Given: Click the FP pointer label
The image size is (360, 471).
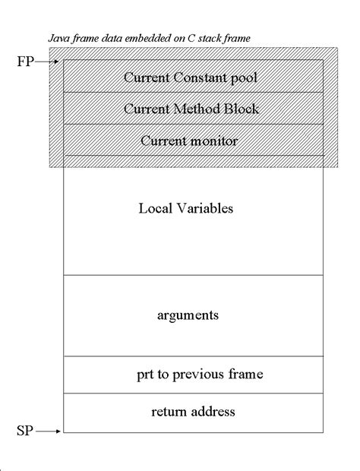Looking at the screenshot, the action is [x=26, y=62].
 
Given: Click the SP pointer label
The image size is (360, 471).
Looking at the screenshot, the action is [x=25, y=431].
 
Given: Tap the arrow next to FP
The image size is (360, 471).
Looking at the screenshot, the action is [x=46, y=62].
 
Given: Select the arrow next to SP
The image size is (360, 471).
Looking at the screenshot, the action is [x=48, y=431].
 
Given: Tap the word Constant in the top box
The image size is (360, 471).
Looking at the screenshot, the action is [x=200, y=77].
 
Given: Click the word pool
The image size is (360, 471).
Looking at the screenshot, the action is [x=244, y=78].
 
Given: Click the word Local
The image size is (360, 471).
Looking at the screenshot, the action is [x=155, y=208].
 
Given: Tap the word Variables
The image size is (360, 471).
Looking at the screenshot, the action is [x=205, y=208].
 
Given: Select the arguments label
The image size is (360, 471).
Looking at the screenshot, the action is [x=188, y=316].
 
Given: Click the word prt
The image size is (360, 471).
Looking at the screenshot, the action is [x=145, y=375].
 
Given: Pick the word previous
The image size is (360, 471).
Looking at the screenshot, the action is [x=198, y=375].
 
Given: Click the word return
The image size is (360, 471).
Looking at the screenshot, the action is [x=167, y=412].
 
